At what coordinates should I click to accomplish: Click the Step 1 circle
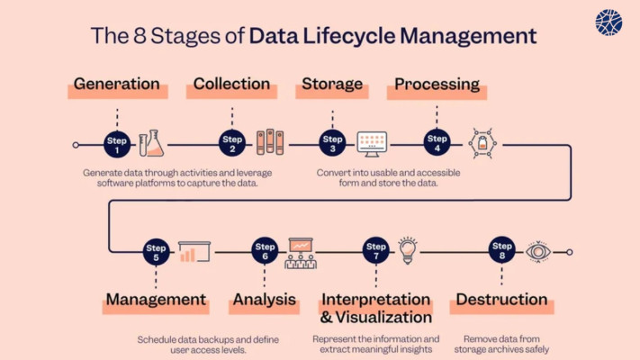coord(117,145)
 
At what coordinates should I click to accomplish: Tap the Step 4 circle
coord(437,142)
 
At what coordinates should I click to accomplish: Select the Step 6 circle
coord(265,250)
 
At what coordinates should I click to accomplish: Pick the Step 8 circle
coord(501,250)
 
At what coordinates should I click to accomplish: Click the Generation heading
coord(117,84)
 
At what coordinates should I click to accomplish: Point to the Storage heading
coord(332,84)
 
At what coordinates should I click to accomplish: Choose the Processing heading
coord(437,84)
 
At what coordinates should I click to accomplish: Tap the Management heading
coord(156,299)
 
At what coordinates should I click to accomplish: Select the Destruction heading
coord(501,299)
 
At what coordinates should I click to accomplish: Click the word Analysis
coord(265,300)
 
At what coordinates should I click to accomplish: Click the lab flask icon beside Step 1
coord(151,143)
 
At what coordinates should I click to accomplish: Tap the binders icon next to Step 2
coord(270,142)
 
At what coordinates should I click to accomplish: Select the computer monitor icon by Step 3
coord(372,144)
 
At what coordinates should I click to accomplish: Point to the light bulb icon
coord(408,250)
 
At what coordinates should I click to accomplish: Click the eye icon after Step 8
coord(538,252)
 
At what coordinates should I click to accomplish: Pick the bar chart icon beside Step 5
coord(194,251)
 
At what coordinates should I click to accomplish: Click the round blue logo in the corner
coord(608,22)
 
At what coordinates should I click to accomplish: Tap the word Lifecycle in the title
coord(349,36)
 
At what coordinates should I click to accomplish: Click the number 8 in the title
coord(140,35)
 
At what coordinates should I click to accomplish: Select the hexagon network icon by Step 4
coord(482,143)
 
